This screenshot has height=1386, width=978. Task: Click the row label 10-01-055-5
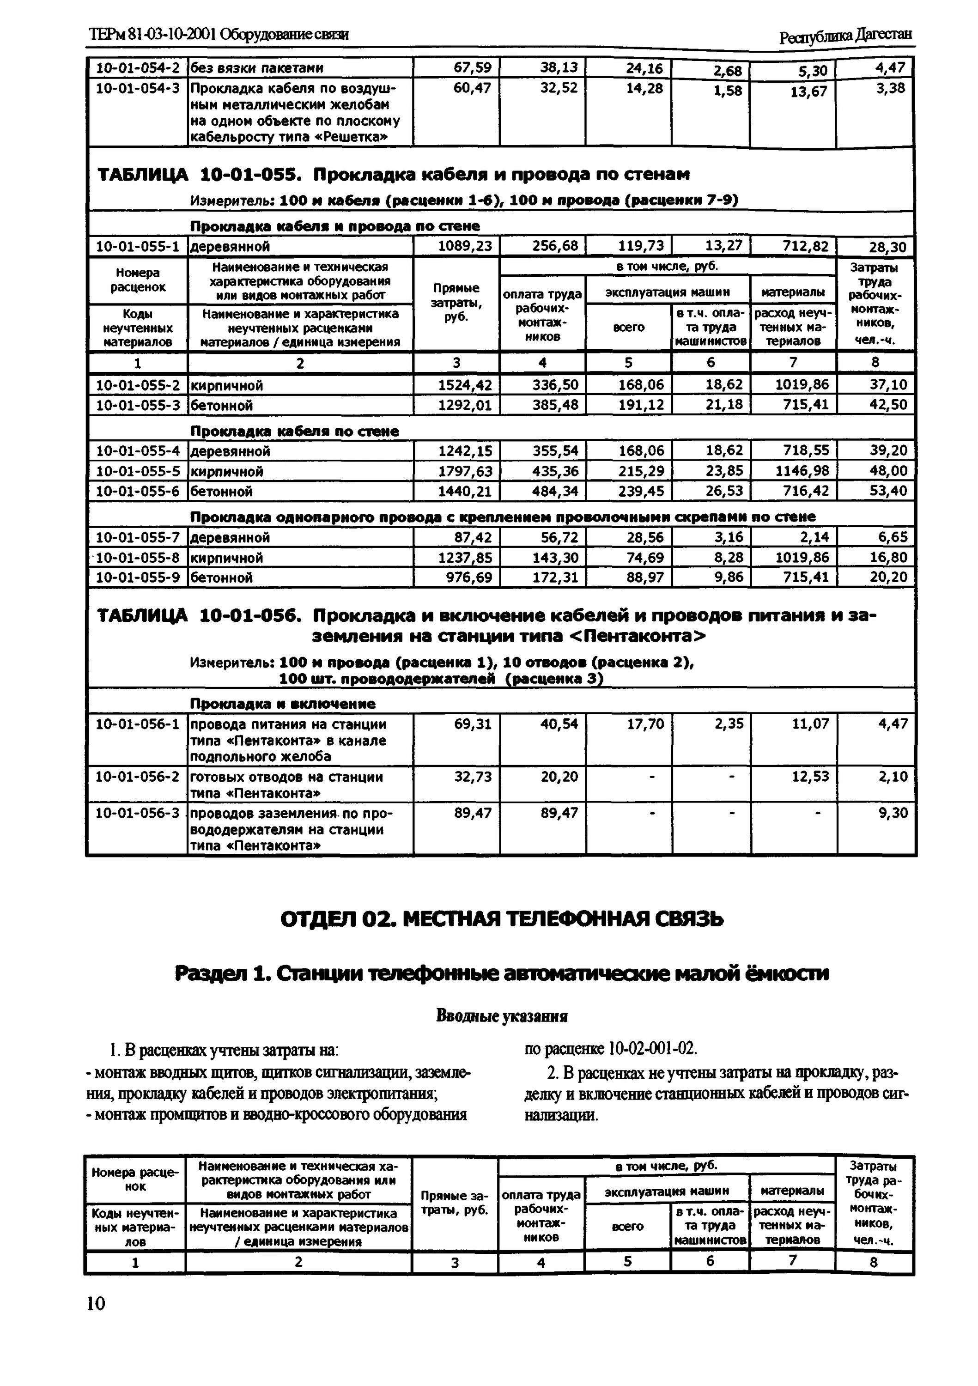pyautogui.click(x=138, y=471)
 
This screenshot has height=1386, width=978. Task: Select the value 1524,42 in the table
pyautogui.click(x=465, y=384)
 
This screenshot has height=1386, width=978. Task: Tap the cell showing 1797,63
pyautogui.click(x=465, y=471)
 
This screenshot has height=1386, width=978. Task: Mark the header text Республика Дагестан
pyautogui.click(x=845, y=37)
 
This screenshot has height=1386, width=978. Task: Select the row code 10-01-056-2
pyautogui.click(x=138, y=776)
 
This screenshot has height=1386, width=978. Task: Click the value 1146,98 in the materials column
pyautogui.click(x=802, y=471)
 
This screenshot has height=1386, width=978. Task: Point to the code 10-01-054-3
pyautogui.click(x=138, y=88)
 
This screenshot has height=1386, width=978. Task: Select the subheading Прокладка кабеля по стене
pyautogui.click(x=295, y=431)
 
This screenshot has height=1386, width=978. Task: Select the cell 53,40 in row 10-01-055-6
pyautogui.click(x=888, y=491)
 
